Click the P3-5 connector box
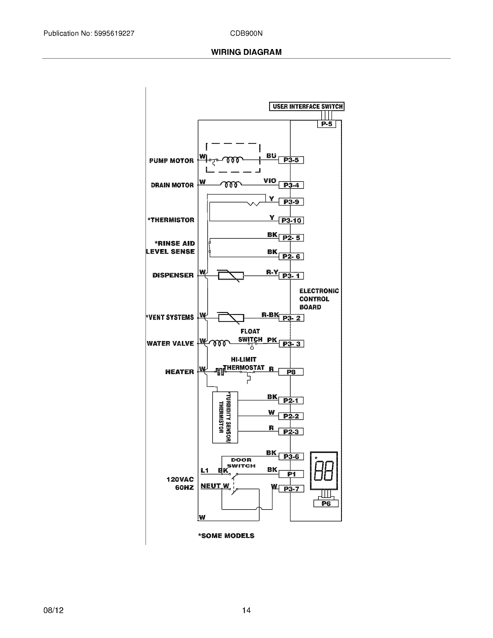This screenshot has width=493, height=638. click(x=291, y=160)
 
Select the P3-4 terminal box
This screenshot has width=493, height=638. click(x=291, y=185)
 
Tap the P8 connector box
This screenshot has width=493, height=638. click(x=291, y=372)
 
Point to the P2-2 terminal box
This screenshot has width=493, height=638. click(x=291, y=416)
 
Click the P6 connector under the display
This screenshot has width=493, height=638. click(x=326, y=503)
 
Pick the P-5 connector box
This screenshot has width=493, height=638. click(x=327, y=124)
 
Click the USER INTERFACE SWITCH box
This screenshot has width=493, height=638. click(x=307, y=107)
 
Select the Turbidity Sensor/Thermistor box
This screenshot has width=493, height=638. click(x=225, y=417)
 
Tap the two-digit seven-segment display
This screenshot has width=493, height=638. click(x=324, y=471)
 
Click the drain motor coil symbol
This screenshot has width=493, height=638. click(x=231, y=184)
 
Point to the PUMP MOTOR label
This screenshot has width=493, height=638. click(x=171, y=161)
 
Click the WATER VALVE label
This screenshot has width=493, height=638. click(x=170, y=343)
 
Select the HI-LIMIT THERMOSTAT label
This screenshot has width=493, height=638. click(x=244, y=363)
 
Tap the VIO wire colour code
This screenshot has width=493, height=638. click(x=270, y=181)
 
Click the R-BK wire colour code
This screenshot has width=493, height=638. click(x=270, y=315)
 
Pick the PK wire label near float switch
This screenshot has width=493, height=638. click(x=272, y=340)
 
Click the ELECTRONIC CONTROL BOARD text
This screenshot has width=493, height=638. click(x=319, y=299)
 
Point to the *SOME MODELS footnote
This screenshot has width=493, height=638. click(x=226, y=535)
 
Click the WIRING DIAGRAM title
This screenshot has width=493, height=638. click(x=246, y=52)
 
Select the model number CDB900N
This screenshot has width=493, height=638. click(x=246, y=33)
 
